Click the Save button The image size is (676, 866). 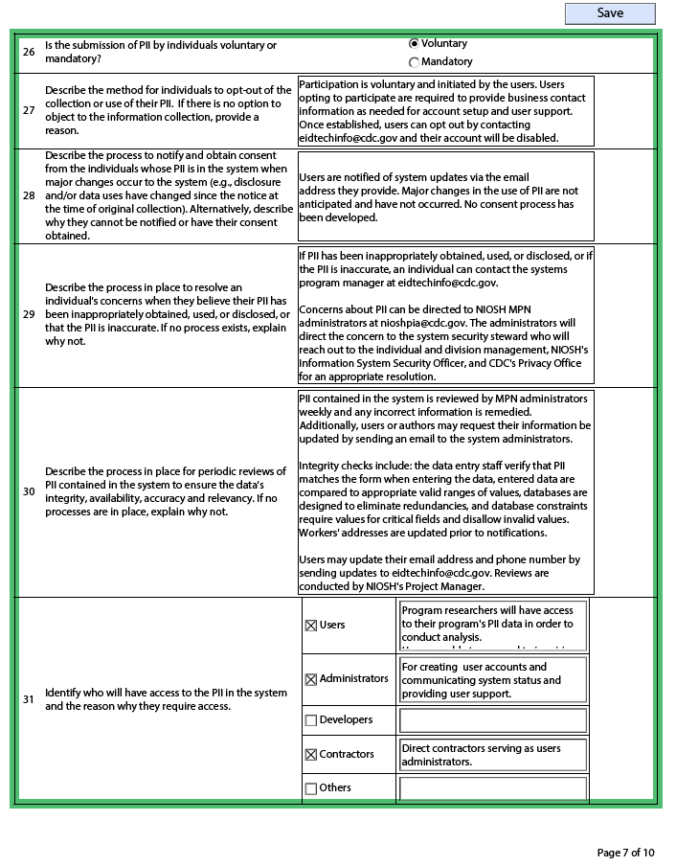[610, 13]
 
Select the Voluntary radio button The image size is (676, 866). [414, 43]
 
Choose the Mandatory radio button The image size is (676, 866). [414, 62]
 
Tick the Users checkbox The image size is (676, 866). [310, 626]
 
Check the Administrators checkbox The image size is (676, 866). [310, 679]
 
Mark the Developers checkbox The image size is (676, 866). [310, 720]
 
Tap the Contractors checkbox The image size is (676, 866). [310, 755]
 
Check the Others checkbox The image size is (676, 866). [310, 788]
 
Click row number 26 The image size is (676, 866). [29, 52]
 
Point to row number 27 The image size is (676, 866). [29, 110]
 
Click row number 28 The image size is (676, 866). [29, 195]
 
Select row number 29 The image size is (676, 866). [29, 314]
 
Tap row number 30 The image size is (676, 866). [29, 491]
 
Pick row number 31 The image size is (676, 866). [29, 699]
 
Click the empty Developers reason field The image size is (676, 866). [492, 720]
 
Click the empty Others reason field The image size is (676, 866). [492, 788]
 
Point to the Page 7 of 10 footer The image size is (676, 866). [625, 853]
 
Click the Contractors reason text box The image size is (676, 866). [492, 755]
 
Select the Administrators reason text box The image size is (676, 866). [492, 680]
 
